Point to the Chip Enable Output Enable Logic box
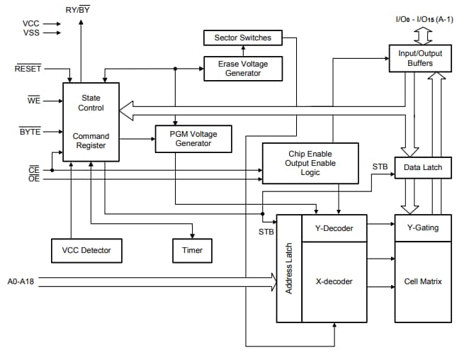tap(310, 162)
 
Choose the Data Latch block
tap(423, 167)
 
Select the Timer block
tap(192, 250)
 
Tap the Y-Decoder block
tap(334, 227)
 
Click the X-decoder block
tap(334, 281)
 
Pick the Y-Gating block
tap(422, 227)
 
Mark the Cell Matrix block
tap(422, 281)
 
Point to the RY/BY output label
tap(77, 9)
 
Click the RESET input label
tap(28, 69)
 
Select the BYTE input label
tap(30, 132)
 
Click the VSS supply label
tap(31, 33)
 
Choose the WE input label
tap(33, 101)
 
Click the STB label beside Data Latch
tap(380, 167)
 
